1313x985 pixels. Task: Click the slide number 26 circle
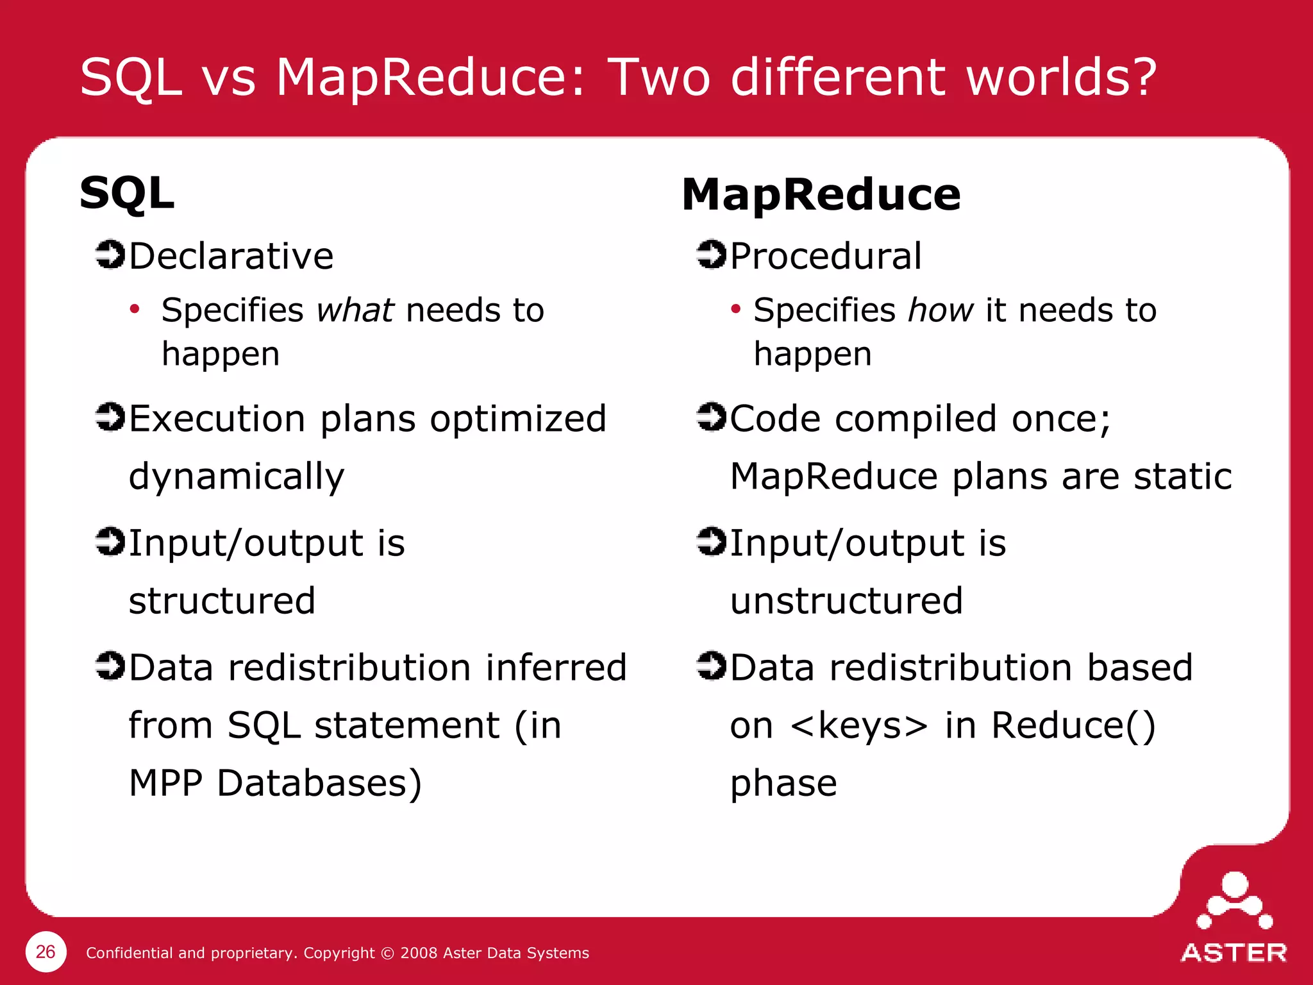[46, 952]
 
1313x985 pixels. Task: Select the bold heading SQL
[127, 193]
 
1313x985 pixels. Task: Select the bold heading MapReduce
[821, 194]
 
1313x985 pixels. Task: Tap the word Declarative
[231, 256]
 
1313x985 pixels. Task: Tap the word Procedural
[826, 256]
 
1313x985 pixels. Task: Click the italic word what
[355, 310]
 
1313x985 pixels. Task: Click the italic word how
[941, 310]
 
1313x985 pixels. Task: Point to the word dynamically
[237, 477]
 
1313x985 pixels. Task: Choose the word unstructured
[846, 601]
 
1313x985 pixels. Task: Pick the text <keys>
[859, 725]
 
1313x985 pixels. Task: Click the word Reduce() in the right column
[1073, 725]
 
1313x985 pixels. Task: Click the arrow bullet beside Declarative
[110, 255]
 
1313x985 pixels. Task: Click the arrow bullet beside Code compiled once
[711, 417]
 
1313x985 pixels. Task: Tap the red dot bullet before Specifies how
[735, 310]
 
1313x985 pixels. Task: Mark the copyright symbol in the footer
[387, 954]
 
